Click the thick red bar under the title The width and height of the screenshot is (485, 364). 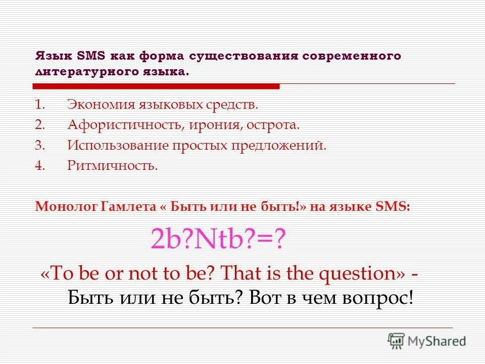pyautogui.click(x=157, y=86)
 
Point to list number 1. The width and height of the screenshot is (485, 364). pyautogui.click(x=40, y=105)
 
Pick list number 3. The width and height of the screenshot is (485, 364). pyautogui.click(x=40, y=146)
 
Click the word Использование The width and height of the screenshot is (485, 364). pyautogui.click(x=118, y=146)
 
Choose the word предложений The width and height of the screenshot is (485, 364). pyautogui.click(x=279, y=146)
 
